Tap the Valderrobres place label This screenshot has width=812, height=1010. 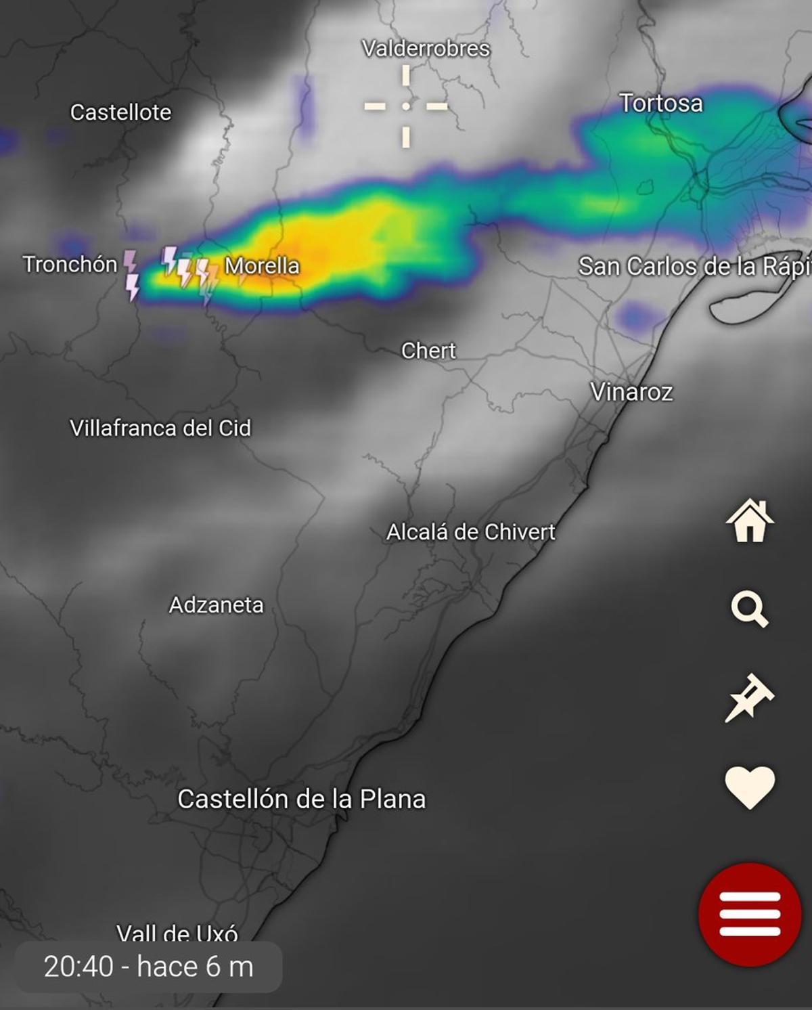[x=426, y=49]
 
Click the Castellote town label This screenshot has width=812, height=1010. [x=120, y=112]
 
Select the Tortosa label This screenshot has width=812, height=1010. [x=661, y=104]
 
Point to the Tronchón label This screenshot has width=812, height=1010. [x=70, y=264]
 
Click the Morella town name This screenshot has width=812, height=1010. [x=262, y=266]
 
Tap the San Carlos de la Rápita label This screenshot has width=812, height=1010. [x=694, y=267]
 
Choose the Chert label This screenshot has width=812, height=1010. [x=428, y=351]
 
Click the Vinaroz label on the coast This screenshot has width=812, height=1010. [x=631, y=392]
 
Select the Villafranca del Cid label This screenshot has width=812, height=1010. [x=160, y=428]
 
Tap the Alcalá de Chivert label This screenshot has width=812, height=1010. [x=471, y=532]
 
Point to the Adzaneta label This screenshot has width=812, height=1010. [x=217, y=605]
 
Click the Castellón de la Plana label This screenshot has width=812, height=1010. [x=302, y=799]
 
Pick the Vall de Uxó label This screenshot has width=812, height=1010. [x=177, y=934]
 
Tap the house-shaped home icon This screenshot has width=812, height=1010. [x=750, y=521]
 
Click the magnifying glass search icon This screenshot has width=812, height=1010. [x=750, y=609]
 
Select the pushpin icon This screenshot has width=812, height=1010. [x=749, y=698]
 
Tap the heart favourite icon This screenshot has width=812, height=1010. [x=750, y=787]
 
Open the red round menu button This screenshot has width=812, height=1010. [x=750, y=914]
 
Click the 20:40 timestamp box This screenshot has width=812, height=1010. [x=149, y=967]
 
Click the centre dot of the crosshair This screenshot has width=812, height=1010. [x=406, y=106]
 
